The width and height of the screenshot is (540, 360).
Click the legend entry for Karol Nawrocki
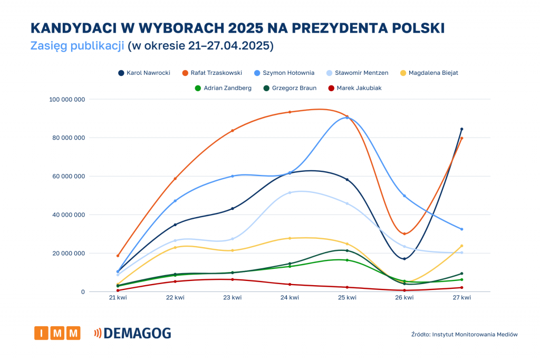click(144, 73)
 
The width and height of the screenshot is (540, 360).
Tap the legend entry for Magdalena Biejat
click(431, 73)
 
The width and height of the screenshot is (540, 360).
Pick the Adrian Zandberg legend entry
click(223, 88)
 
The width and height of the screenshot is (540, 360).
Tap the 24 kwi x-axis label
click(290, 298)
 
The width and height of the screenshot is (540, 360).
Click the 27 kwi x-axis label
click(461, 298)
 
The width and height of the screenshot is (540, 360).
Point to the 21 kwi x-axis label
click(118, 298)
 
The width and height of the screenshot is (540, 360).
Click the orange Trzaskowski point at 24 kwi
click(290, 112)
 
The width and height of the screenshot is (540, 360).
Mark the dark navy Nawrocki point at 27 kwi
click(461, 129)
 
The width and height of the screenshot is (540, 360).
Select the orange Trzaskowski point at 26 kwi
click(404, 233)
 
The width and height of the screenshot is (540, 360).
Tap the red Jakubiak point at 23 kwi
click(233, 279)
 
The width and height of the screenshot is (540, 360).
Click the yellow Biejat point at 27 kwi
click(461, 246)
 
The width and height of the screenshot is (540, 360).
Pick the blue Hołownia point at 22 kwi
click(175, 201)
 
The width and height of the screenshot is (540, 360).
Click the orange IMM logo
click(57, 333)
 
